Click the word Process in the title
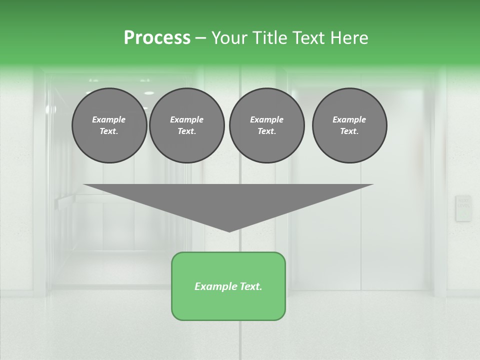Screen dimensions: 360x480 [157, 38]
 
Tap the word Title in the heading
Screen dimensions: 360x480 [268, 38]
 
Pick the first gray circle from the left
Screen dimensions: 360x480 [109, 125]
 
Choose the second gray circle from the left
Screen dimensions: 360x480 [186, 125]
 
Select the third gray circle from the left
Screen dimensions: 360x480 [266, 125]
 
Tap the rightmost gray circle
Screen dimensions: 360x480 [349, 125]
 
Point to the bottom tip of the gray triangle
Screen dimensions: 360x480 [229, 231]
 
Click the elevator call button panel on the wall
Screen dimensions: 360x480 [463, 208]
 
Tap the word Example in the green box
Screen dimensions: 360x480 [214, 286]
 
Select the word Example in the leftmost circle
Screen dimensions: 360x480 [109, 119]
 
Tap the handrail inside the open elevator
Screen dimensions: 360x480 [70, 201]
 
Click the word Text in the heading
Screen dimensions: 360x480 [308, 38]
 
